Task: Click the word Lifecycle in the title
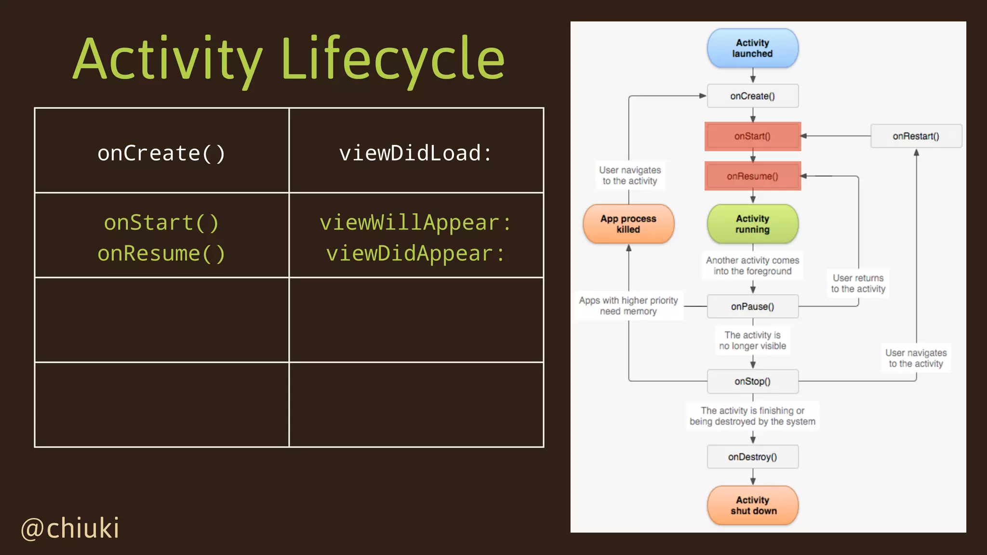(x=392, y=59)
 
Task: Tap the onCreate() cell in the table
(x=161, y=153)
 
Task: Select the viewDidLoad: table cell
(x=415, y=153)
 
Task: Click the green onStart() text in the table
(x=161, y=223)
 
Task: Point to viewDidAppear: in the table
(x=415, y=253)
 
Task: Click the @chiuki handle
(x=70, y=528)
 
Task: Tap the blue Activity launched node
(x=752, y=48)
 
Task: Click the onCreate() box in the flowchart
(x=752, y=96)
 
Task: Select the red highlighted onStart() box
(x=752, y=136)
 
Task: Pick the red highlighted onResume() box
(x=752, y=176)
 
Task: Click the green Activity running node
(x=752, y=224)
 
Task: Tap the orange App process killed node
(x=628, y=224)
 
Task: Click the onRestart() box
(x=916, y=136)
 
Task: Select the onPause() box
(x=752, y=306)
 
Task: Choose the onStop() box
(x=752, y=381)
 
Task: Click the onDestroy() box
(x=752, y=457)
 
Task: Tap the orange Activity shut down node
(x=752, y=505)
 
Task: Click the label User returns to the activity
(x=858, y=283)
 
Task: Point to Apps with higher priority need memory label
(x=628, y=305)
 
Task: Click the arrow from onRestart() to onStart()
(x=836, y=136)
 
